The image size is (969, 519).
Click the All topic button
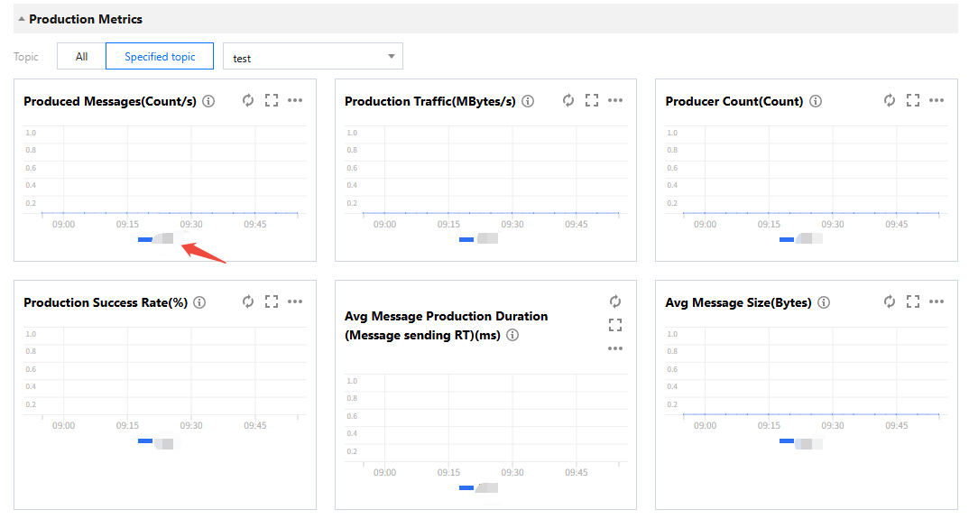[x=81, y=56]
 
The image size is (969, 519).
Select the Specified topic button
[x=160, y=56]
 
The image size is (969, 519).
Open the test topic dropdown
[x=312, y=57]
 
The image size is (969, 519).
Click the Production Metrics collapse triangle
[x=22, y=19]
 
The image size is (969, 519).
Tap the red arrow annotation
[x=204, y=252]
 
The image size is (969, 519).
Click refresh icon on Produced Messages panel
[x=248, y=100]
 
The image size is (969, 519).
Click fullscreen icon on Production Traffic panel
[x=592, y=100]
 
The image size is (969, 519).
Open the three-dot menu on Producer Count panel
[x=937, y=100]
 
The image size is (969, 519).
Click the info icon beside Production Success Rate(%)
[x=199, y=302]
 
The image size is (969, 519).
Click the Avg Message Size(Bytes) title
[x=738, y=302]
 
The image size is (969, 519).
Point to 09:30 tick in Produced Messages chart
[x=191, y=225]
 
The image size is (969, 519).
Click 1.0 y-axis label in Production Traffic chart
[x=351, y=133]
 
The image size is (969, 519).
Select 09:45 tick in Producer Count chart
[x=897, y=225]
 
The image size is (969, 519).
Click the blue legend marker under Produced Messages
[x=144, y=239]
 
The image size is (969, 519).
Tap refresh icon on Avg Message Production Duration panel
[x=615, y=301]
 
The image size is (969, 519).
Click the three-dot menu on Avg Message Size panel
[x=937, y=301]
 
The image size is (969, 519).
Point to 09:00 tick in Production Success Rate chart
[x=63, y=426]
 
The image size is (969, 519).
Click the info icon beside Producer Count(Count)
[x=816, y=101]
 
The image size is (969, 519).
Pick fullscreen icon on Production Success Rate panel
[x=272, y=301]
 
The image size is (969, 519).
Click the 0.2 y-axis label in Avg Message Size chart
[x=672, y=404]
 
